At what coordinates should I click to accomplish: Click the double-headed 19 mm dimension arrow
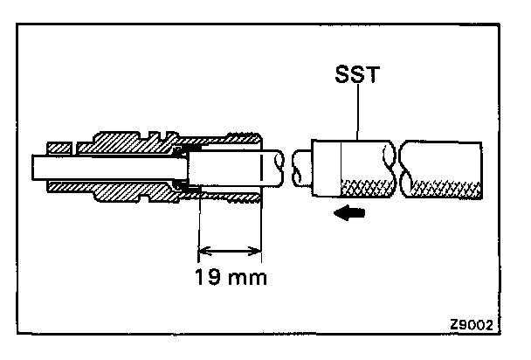click(230, 253)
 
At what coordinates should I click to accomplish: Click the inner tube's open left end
click(36, 166)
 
